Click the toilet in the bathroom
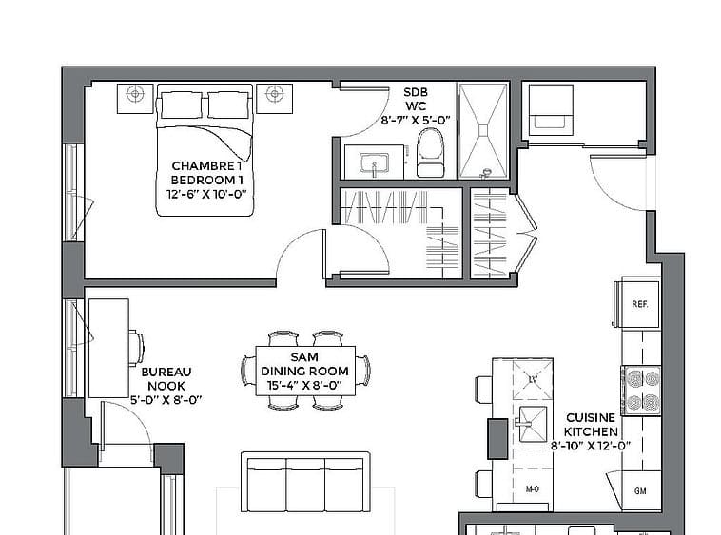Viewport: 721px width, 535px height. [x=430, y=152]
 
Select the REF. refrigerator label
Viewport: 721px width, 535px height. [x=639, y=304]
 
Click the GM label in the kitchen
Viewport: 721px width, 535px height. [x=640, y=491]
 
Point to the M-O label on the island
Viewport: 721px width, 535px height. [x=532, y=489]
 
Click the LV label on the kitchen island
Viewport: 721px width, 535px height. [x=533, y=380]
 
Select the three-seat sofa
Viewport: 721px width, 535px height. [x=305, y=482]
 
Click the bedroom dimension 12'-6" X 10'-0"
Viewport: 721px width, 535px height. [x=206, y=194]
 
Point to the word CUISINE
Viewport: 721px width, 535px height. [x=591, y=417]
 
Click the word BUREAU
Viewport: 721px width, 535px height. [x=166, y=372]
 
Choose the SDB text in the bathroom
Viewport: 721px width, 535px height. [x=416, y=92]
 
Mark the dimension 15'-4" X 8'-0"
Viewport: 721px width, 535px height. [x=305, y=385]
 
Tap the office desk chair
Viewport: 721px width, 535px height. [x=136, y=348]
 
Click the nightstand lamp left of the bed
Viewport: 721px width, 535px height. [x=135, y=94]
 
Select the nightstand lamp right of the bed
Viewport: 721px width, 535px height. [x=275, y=94]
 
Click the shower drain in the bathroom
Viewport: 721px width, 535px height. [x=483, y=130]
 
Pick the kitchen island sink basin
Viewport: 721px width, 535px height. [x=534, y=423]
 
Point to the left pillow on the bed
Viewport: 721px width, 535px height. [x=181, y=105]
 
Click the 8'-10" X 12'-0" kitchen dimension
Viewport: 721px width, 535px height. [x=591, y=446]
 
